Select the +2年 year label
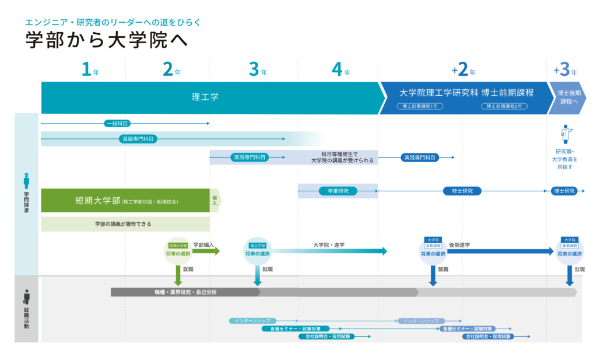pos(463,70)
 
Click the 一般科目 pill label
pos(117,124)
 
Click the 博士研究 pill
pos(564,191)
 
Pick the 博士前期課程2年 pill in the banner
pos(505,106)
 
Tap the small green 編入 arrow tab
pos(215,200)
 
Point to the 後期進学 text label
pos(459,245)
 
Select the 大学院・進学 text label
pos(329,245)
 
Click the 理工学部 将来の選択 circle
pos(257,251)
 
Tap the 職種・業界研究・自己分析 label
pos(181,292)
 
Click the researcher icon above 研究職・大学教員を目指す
pos(566,134)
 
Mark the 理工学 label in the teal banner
pos(205,97)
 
